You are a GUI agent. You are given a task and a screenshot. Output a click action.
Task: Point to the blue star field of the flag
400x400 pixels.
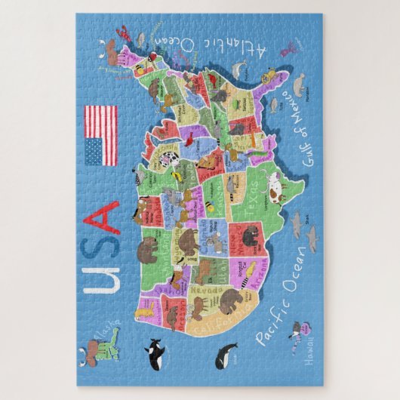pos(93,152)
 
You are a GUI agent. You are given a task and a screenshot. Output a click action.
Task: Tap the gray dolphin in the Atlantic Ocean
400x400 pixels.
pos(239,70)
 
